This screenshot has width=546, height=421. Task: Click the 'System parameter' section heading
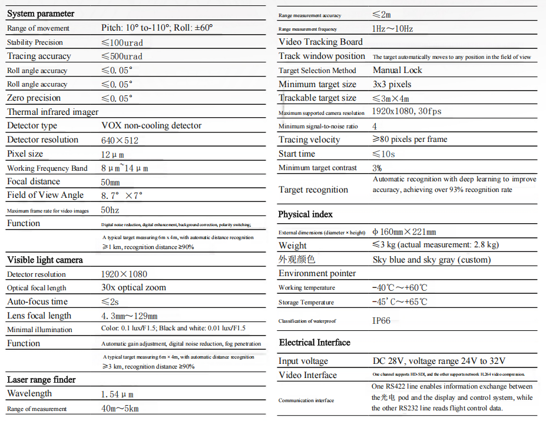[41, 14]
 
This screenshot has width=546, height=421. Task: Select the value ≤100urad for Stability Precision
[122, 42]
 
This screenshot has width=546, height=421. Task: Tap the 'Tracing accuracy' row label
[39, 56]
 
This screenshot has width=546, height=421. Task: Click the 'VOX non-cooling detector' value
[151, 125]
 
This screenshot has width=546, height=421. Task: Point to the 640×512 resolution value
[120, 140]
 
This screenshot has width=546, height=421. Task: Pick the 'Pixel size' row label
[25, 154]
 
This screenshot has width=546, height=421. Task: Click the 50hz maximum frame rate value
[111, 210]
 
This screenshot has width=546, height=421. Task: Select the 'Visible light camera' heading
[45, 260]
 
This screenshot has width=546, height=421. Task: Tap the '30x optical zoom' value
[134, 287]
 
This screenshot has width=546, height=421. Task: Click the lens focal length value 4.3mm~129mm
[130, 316]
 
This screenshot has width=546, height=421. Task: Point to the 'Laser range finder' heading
[41, 380]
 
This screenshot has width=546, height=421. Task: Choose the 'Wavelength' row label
[29, 393]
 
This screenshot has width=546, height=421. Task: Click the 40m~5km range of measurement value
[120, 409]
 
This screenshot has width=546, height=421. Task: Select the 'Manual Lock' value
[398, 70]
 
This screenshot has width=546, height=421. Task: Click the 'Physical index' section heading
[305, 214]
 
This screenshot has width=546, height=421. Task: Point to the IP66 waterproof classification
[380, 321]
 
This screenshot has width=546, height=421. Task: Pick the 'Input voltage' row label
[303, 361]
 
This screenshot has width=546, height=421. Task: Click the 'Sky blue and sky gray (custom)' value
[432, 260]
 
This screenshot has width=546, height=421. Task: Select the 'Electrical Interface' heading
[315, 343]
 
